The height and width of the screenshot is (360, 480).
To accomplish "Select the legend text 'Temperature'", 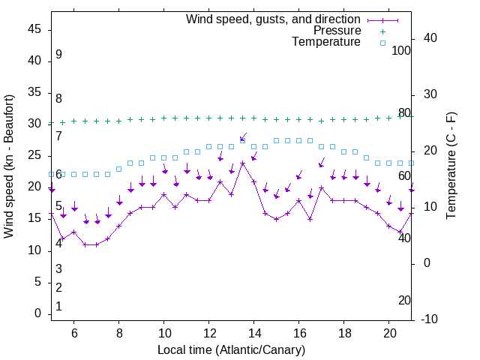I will [326, 42].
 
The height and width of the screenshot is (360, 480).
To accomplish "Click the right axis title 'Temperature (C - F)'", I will [451, 166].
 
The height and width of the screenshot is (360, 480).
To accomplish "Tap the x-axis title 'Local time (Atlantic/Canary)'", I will [231, 350].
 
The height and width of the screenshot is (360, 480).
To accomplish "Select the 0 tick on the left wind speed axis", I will [38, 313].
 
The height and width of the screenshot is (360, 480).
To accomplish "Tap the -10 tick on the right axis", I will [430, 319].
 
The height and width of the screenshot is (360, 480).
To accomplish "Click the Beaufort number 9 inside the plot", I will [58, 55].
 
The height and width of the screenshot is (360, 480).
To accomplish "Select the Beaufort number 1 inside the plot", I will [58, 307].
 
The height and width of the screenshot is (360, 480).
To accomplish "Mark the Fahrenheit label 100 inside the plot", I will [402, 51].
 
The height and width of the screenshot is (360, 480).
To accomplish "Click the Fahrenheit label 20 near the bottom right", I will [404, 301].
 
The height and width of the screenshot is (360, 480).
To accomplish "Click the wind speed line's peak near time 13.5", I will [243, 163].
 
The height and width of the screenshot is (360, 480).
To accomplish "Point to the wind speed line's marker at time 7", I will [97, 244].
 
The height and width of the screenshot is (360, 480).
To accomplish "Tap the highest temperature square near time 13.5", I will [243, 140].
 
